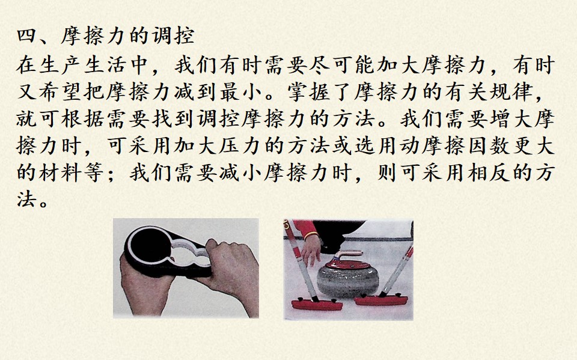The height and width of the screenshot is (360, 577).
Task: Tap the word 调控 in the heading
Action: (173, 37)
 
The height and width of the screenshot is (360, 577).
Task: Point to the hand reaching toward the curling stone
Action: (311, 250)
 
